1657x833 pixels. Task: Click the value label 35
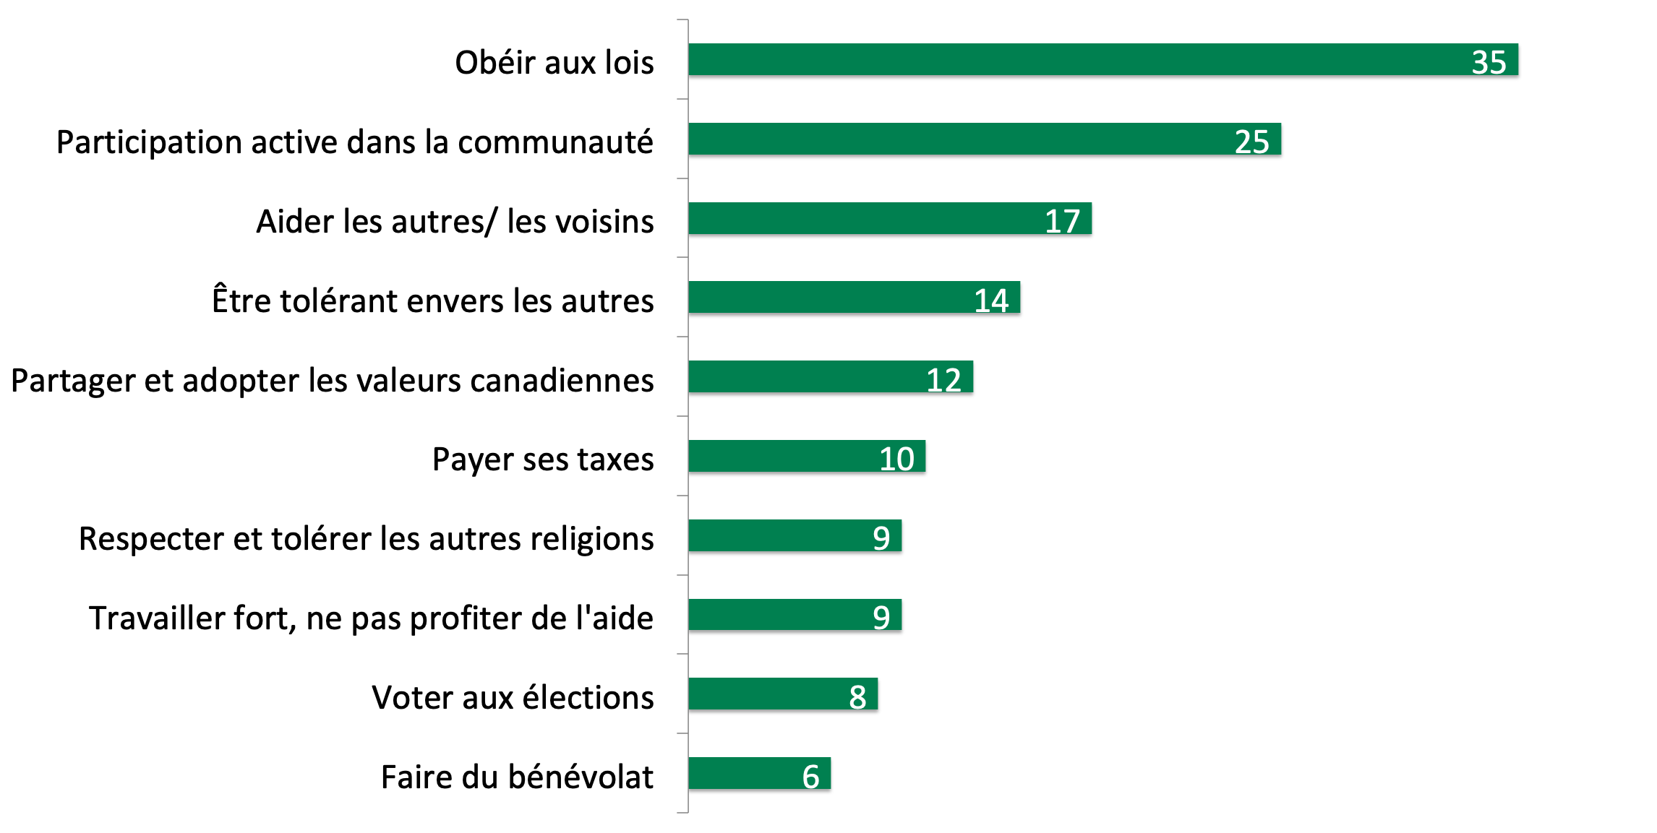click(1489, 62)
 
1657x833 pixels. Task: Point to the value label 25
click(1251, 142)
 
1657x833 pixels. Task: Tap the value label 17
click(1062, 221)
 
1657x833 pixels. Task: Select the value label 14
click(990, 301)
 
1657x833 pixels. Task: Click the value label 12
click(943, 380)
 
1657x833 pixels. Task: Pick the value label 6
click(810, 777)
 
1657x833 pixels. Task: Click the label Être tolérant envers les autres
click(432, 301)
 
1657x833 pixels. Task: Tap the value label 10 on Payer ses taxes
click(896, 459)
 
